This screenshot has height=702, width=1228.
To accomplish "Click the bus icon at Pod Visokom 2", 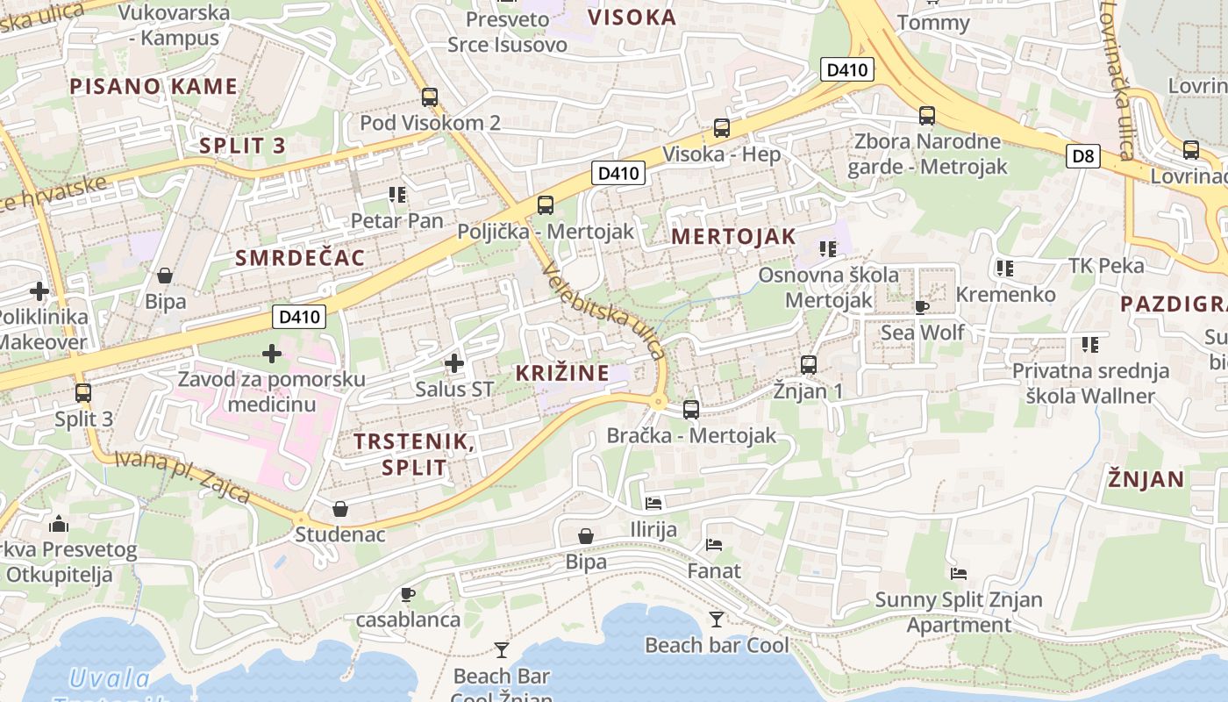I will point(429,97).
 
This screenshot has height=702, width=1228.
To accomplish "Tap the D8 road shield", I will point(1084,156).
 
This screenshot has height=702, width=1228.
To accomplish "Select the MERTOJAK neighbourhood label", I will point(733,236).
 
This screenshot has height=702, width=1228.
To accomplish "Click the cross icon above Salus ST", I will point(453,362).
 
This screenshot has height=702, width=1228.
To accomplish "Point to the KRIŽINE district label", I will point(562,373).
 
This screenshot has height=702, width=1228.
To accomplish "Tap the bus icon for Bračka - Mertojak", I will point(691,410).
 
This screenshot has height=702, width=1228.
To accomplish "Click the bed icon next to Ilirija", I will point(653,504).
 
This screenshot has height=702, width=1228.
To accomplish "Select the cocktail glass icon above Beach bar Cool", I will point(717,620).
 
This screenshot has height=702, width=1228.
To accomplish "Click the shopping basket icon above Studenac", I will point(340,509).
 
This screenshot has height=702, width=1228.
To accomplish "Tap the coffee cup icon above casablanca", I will point(407,594).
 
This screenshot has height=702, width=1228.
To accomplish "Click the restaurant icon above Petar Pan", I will point(396,194).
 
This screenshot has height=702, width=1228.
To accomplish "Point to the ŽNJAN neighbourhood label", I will point(1146,479).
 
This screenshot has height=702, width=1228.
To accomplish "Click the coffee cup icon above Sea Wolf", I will point(921,307).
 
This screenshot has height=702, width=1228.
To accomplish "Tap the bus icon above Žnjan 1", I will point(808,364).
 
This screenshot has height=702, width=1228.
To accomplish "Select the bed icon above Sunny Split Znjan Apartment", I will point(959,574).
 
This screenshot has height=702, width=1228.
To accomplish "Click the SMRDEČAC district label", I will point(300,257).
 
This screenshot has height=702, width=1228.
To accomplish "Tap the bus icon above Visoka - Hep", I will point(721,128).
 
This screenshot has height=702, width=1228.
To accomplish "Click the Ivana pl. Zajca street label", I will point(182,476).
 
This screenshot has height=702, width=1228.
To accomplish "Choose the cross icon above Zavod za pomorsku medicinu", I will point(272,354).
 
